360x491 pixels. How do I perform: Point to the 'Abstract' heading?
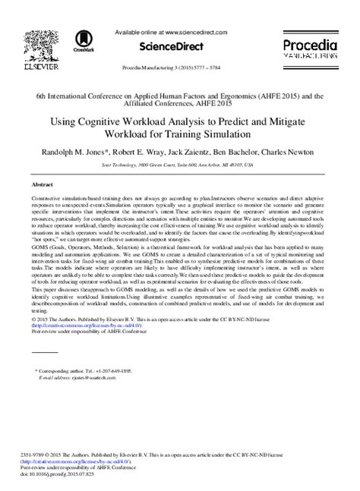coord(43,184)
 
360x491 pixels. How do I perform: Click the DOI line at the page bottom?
coord(64,482)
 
